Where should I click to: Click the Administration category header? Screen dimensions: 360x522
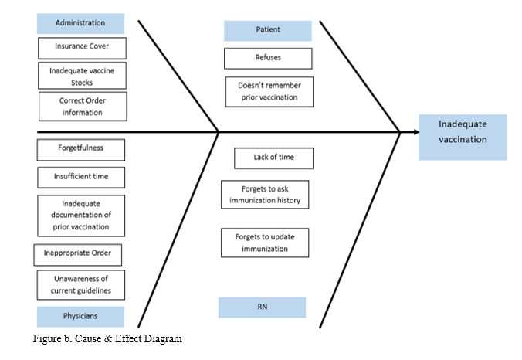pos(80,23)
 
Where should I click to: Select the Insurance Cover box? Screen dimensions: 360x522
pos(81,47)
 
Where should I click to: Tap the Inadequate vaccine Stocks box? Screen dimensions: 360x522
pos(81,76)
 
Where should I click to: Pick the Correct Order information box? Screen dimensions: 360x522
pos(81,107)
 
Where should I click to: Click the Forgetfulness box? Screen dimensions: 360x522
pos(80,148)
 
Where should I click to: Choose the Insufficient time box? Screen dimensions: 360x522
pos(81,177)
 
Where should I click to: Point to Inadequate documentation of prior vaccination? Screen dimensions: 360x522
pos(81,216)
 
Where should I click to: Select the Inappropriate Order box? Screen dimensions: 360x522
pos(78,255)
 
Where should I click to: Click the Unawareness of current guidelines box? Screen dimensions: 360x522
pos(81,284)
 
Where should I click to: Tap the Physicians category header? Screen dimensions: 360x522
pos(80,317)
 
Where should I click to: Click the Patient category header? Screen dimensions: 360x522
pos(268,31)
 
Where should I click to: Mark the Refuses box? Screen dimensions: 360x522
pos(268,58)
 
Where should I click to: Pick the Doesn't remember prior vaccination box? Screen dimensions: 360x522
pos(269,91)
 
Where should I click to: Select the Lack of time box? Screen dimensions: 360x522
pos(273,158)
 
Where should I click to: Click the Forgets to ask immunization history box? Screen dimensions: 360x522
pos(265,195)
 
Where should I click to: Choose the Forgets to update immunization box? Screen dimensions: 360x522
pos(265,243)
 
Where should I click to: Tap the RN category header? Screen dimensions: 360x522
pos(262,307)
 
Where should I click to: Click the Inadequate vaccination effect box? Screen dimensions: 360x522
pos(463,137)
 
